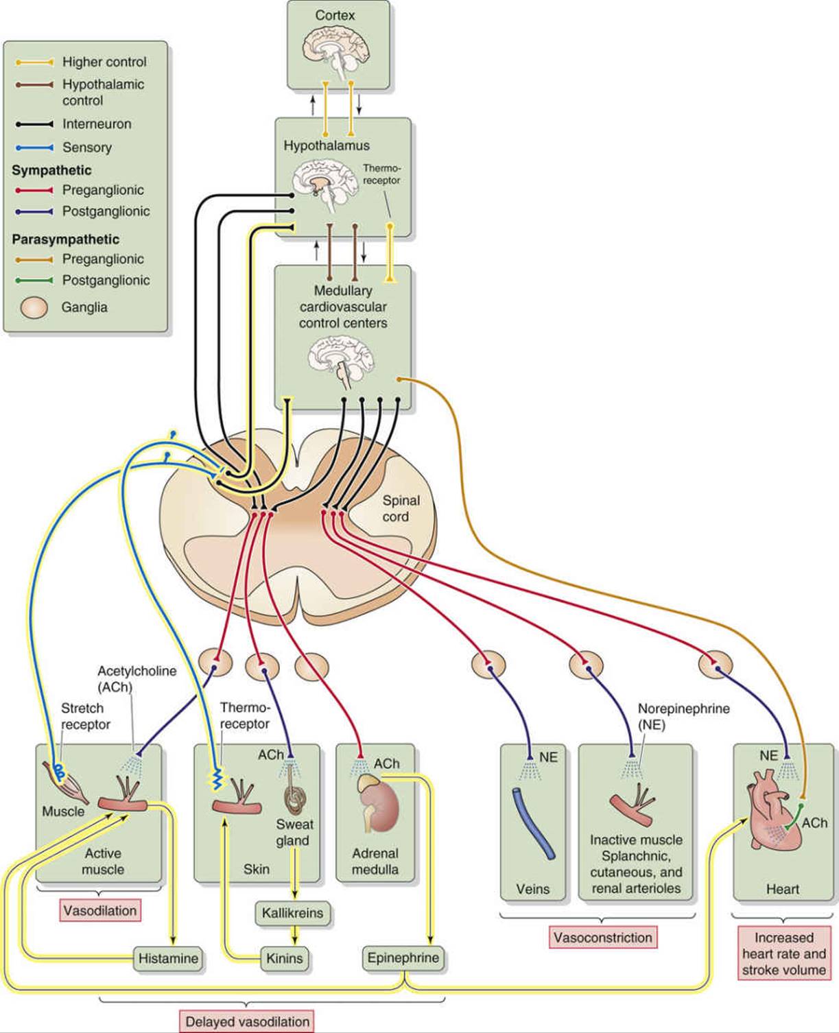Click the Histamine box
coord(168,958)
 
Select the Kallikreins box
coord(292,913)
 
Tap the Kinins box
coord(285,958)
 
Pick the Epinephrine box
coord(403,958)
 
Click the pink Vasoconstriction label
coord(603,937)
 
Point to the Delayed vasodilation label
coord(248,1021)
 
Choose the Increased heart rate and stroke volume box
coord(783,953)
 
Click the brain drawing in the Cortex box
coord(335,50)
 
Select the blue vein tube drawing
coord(534,823)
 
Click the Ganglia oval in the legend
coord(33,307)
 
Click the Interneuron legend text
coord(97,124)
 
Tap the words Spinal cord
coord(400,508)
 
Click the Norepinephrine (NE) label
coord(683,716)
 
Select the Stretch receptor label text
coord(85,716)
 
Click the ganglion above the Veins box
coord(488,664)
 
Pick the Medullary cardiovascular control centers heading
coord(343,307)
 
